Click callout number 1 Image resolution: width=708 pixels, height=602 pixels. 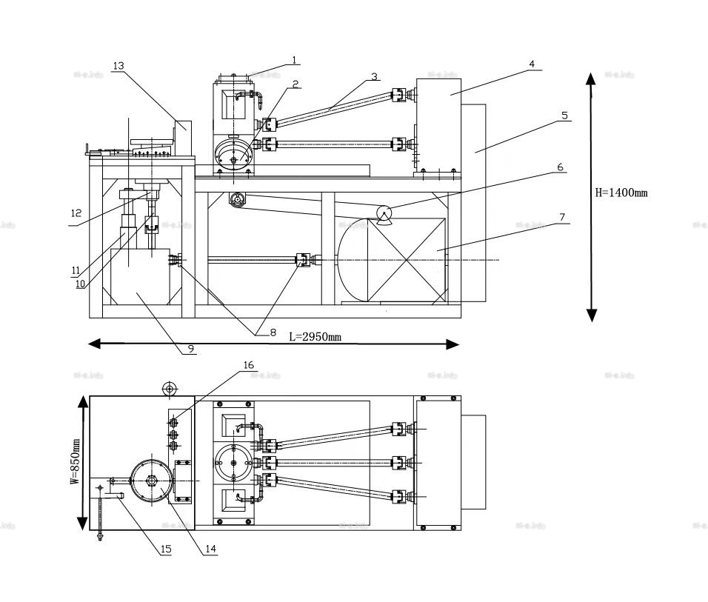pos(294,59)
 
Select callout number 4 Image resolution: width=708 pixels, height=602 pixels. pos(531,64)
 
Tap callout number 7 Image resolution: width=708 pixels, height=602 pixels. pos(563,217)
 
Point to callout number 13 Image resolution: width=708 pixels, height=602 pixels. pos(118,66)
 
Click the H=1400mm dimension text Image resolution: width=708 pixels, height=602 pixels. pos(621,193)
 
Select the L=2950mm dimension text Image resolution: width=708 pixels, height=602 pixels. pos(314,337)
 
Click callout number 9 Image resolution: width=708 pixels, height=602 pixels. pos(191,348)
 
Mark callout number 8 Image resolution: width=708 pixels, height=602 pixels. pos(272,332)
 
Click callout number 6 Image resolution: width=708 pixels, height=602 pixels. pos(561,168)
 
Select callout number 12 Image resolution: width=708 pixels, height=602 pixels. pos(76,213)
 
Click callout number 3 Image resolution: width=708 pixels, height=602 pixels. pos(374,76)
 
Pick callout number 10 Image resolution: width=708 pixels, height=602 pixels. pos(80,282)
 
